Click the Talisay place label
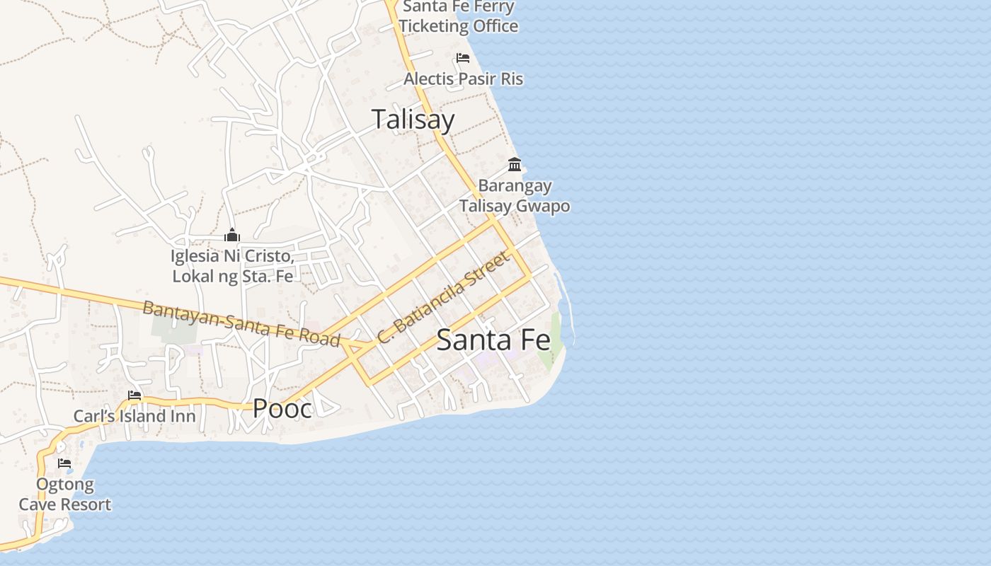tap(413, 119)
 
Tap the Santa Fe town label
tap(493, 340)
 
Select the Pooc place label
tap(282, 408)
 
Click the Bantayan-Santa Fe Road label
tap(241, 323)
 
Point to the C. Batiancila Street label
tap(444, 297)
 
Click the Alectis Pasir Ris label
tap(463, 79)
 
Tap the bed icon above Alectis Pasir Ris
tap(463, 58)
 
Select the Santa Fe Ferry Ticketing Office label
tap(458, 17)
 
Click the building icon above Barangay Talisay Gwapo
tap(515, 165)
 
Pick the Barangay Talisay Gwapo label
tap(515, 196)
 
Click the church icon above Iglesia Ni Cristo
tap(232, 235)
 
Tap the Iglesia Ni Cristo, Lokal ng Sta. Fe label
tap(232, 266)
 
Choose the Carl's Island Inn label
tap(134, 416)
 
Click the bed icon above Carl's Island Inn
tap(134, 395)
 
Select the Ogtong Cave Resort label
tap(65, 495)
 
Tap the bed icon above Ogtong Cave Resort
tap(64, 464)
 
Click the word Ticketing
tap(457, 26)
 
